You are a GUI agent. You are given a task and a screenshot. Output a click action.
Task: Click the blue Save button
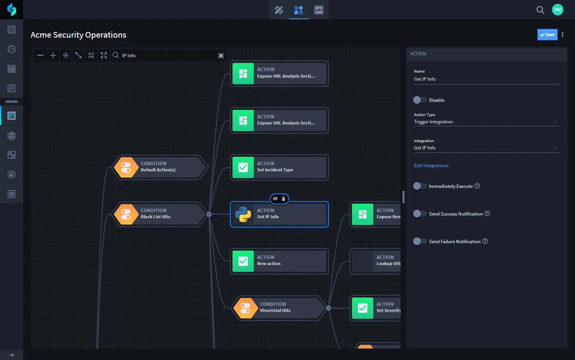click(547, 35)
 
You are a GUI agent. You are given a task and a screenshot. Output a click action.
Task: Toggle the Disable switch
click(420, 100)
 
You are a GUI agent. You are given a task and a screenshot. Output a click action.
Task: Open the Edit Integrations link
click(431, 166)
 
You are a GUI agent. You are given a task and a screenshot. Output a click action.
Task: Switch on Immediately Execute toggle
click(420, 186)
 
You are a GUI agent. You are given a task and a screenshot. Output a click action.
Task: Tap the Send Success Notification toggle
click(420, 214)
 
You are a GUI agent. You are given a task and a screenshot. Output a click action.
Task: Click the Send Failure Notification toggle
click(420, 241)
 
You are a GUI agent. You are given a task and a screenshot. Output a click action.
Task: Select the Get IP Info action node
click(279, 214)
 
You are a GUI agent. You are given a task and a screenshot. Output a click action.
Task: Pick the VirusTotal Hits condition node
click(279, 308)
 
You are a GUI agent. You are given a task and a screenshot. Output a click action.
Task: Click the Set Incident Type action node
click(279, 167)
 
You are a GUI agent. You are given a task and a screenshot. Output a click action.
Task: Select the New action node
click(279, 261)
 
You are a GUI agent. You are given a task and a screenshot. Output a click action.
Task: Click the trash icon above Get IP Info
click(283, 199)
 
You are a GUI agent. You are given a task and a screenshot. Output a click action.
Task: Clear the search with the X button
click(221, 56)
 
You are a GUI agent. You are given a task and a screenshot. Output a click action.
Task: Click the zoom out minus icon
click(40, 55)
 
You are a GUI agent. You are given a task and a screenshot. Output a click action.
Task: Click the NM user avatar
click(558, 10)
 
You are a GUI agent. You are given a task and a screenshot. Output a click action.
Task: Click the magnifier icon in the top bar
click(540, 10)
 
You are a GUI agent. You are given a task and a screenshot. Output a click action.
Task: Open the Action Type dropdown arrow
click(556, 122)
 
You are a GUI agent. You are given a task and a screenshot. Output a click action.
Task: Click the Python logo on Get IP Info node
click(243, 214)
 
